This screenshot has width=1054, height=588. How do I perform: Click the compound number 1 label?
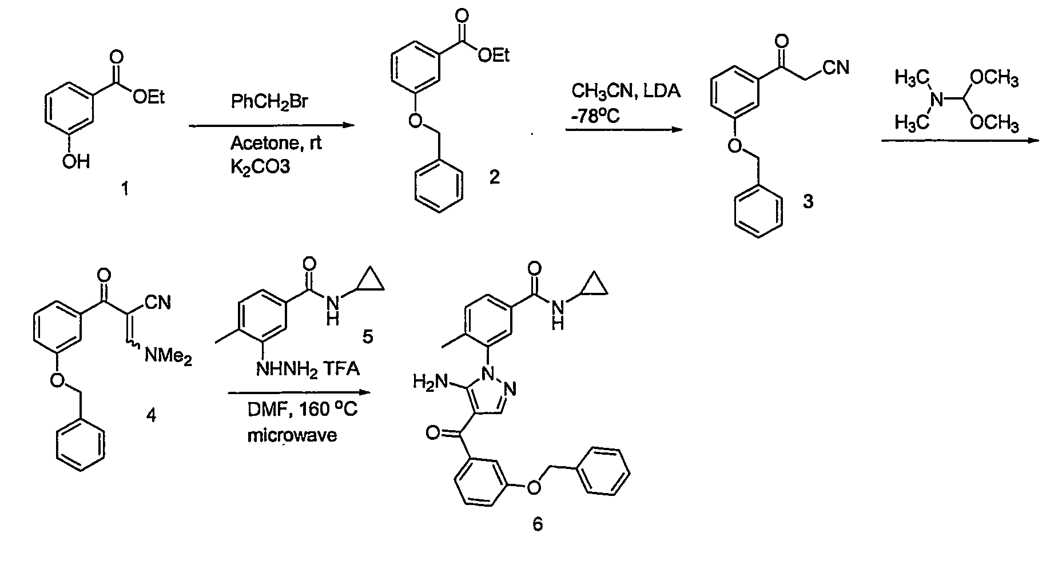[x=125, y=189]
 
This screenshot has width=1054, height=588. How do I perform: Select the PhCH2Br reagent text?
[x=270, y=102]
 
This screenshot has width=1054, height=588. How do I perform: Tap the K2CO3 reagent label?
[x=260, y=166]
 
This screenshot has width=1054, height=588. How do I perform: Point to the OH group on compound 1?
[x=77, y=162]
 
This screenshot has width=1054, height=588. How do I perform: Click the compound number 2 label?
[x=495, y=177]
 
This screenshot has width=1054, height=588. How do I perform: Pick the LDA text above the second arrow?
[x=662, y=91]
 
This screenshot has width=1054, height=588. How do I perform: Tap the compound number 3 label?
[x=808, y=202]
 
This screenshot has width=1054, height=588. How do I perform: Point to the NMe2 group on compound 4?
[x=168, y=357]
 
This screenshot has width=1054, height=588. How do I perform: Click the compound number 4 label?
[x=151, y=415]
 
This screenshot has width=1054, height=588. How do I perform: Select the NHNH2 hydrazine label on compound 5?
[x=289, y=368]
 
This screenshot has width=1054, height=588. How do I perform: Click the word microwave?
[x=292, y=435]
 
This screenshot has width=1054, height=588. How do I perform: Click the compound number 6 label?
[x=538, y=523]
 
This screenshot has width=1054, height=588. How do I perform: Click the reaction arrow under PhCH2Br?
[x=269, y=125]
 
